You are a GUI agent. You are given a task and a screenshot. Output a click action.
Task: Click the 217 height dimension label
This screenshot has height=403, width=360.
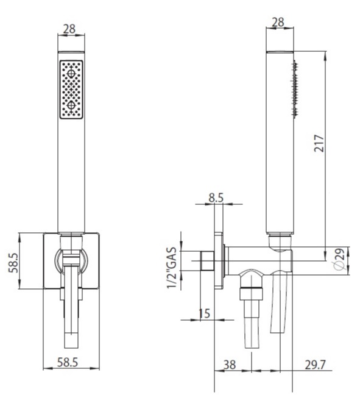[319, 143]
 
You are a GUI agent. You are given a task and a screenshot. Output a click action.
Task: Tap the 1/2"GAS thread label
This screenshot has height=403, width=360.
[172, 268]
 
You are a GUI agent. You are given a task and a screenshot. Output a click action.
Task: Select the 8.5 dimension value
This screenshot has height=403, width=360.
[216, 198]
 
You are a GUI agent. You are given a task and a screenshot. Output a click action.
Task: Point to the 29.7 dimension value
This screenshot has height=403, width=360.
[316, 365]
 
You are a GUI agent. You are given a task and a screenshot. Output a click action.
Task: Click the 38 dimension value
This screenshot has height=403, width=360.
[229, 365]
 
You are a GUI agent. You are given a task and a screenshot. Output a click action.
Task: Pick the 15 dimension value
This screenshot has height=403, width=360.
[205, 313]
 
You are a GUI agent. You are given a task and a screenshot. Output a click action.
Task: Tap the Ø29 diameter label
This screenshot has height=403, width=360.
[339, 260]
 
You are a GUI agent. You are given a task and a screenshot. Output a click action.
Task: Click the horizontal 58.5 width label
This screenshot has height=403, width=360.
[67, 362]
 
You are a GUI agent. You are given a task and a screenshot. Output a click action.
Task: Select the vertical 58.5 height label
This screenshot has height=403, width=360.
[13, 263]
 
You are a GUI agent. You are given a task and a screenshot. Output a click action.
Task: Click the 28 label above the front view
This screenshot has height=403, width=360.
[69, 29]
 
